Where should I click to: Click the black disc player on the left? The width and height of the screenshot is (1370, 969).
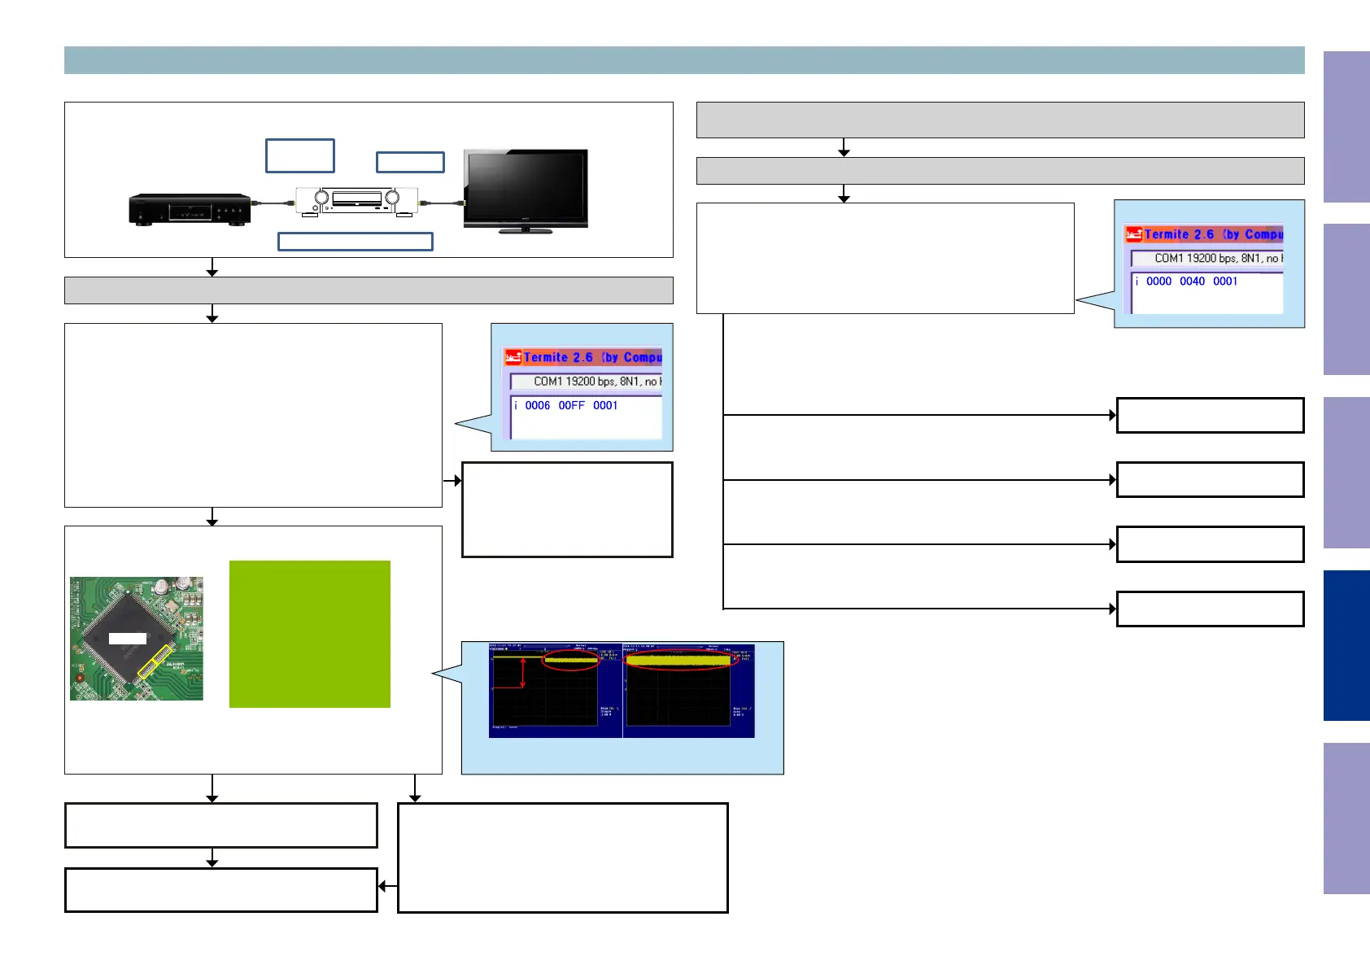[x=190, y=209]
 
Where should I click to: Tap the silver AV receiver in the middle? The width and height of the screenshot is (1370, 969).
[x=357, y=201]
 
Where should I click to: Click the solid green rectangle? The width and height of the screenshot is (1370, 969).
[x=309, y=634]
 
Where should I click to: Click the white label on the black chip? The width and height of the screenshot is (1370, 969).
[x=128, y=639]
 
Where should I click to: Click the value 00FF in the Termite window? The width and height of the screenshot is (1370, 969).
[x=571, y=405]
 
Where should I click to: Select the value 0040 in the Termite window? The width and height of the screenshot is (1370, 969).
[x=1192, y=282]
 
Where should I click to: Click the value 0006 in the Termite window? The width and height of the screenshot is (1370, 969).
[x=537, y=405]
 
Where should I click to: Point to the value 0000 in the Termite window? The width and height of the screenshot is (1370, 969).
[x=1158, y=282]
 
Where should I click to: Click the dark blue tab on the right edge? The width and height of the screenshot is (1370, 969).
[x=1346, y=645]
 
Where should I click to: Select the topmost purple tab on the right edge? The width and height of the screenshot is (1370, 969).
[x=1346, y=127]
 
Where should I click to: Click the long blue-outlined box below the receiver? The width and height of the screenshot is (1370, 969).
[x=355, y=242]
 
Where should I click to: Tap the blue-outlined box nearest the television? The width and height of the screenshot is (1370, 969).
[x=410, y=163]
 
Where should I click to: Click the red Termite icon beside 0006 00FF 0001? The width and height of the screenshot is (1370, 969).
[x=513, y=357]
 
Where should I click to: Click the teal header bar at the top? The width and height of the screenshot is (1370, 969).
[x=684, y=60]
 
